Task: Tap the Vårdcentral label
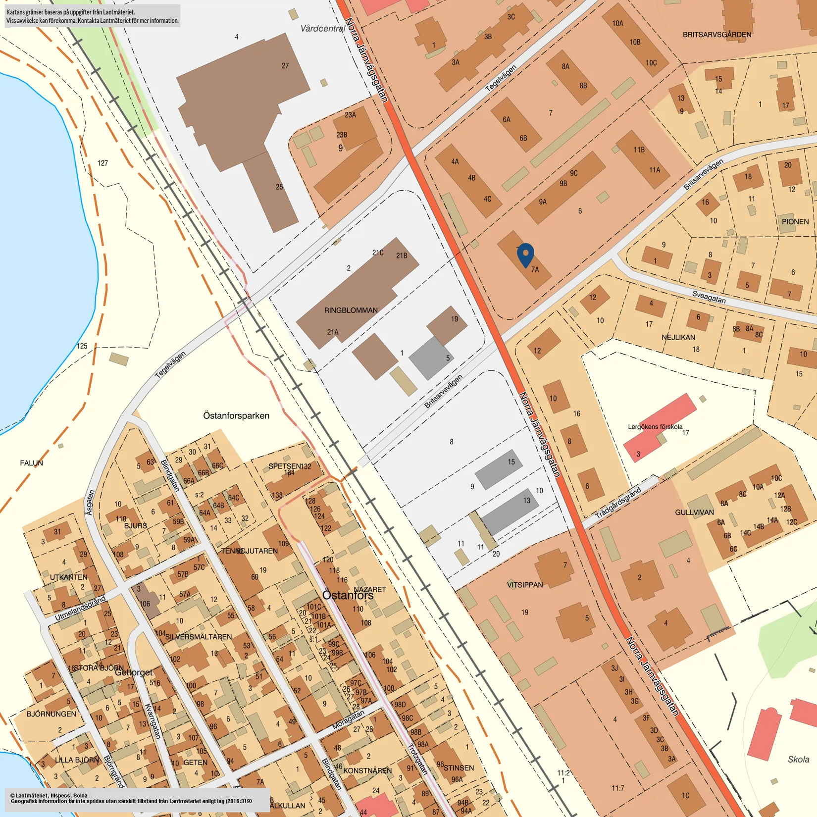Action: click(322, 29)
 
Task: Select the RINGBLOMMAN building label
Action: click(351, 310)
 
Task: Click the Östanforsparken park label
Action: click(236, 416)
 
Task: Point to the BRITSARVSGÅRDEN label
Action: click(716, 35)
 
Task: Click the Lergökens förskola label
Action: click(655, 427)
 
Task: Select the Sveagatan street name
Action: click(709, 297)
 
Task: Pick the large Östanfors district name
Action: click(348, 595)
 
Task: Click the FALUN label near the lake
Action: click(31, 463)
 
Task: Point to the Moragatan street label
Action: click(348, 719)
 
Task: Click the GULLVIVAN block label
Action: click(694, 512)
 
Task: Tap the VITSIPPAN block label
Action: click(525, 585)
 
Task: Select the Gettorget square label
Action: click(134, 672)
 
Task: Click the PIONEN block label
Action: click(795, 222)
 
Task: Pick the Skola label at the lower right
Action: click(798, 760)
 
